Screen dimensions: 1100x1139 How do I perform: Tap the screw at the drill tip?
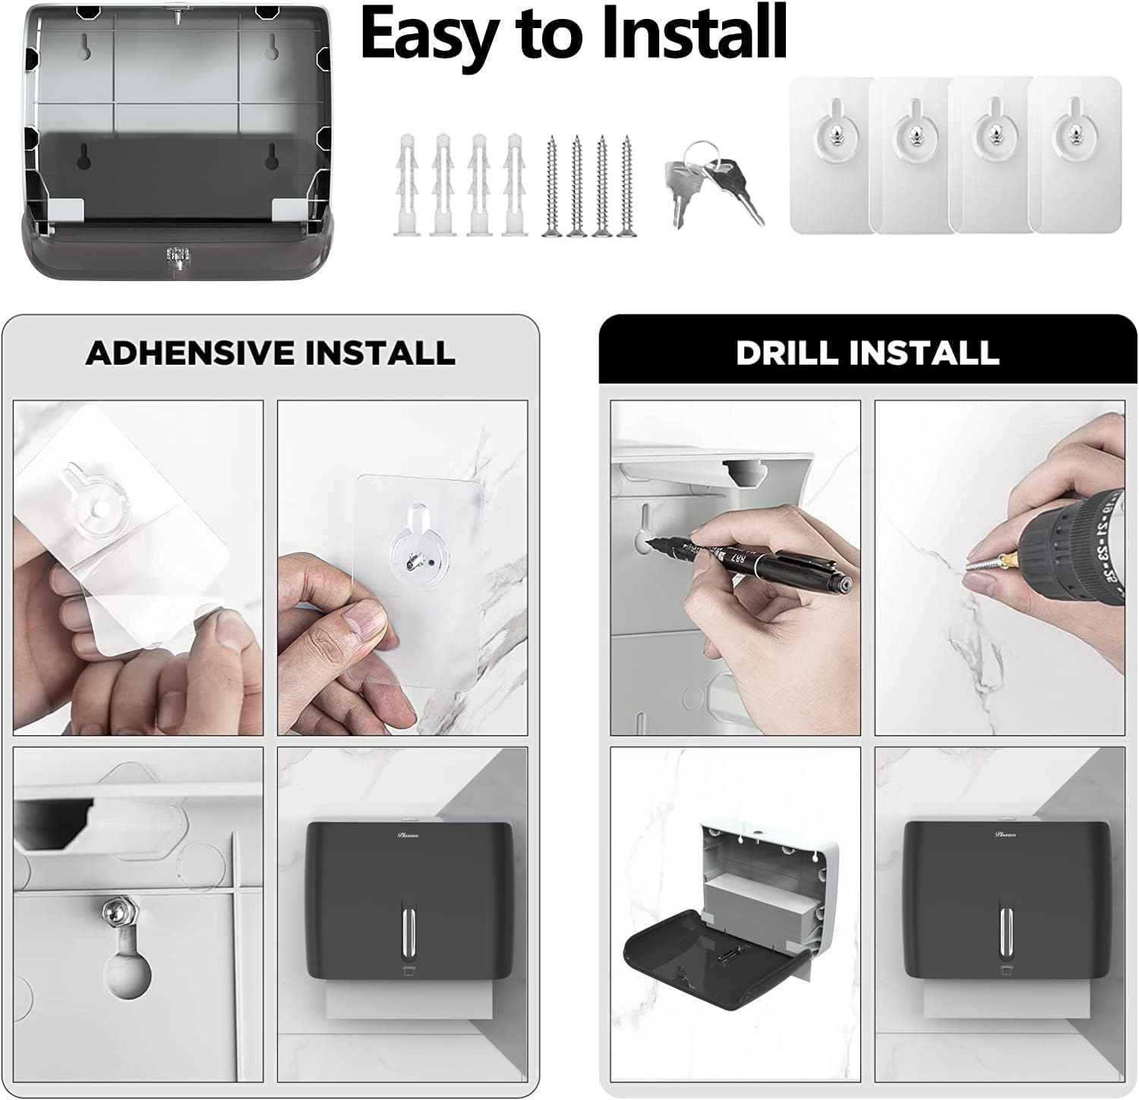(x=980, y=563)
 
